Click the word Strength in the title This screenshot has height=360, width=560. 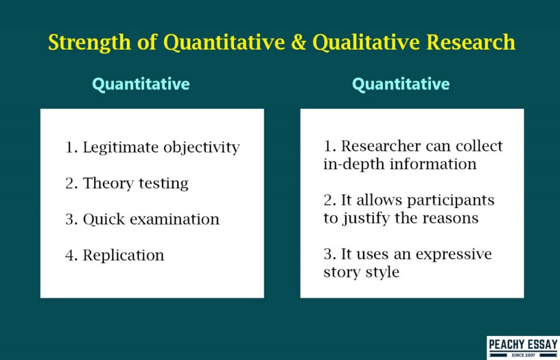coord(90,43)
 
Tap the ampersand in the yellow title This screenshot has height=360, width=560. coord(299,42)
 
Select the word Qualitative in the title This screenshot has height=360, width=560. coord(366,43)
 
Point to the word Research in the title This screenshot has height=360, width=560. coord(471,42)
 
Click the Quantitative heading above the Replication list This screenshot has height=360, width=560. coord(141,84)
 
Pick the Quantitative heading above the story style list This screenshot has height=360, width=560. coord(401,84)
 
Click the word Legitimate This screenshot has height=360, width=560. coord(121,148)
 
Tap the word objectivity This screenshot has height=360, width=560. coord(201,148)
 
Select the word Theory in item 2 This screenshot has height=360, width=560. coord(109,184)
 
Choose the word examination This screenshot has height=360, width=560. coord(174,219)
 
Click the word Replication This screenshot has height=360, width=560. coord(124,256)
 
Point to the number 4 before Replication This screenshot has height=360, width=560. coord(69,255)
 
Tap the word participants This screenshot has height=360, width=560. coord(451,201)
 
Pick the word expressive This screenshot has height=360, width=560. coord(453,255)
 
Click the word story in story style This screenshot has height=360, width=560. coord(341,272)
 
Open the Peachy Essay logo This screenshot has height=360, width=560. coord(523,347)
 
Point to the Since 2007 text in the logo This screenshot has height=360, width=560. coord(523,356)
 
